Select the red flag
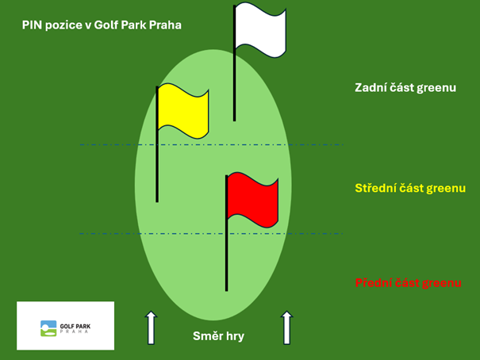[x=253, y=197]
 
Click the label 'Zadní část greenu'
[x=405, y=88]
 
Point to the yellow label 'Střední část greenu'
[x=409, y=189]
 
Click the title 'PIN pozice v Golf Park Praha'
[x=102, y=25]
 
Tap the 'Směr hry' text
[x=218, y=336]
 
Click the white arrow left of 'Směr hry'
[x=150, y=327]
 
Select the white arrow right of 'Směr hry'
[x=286, y=327]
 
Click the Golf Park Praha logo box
[x=65, y=325]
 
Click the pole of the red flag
[x=227, y=254]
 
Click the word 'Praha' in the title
[x=166, y=25]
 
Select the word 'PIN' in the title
[x=33, y=25]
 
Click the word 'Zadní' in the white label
[x=371, y=88]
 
